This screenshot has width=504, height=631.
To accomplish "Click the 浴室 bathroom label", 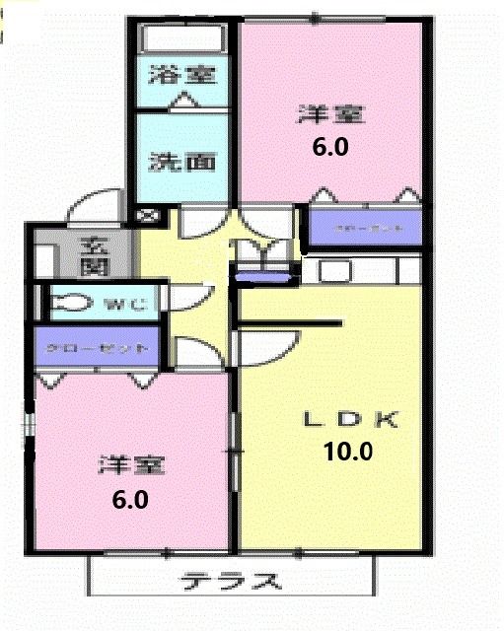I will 181,74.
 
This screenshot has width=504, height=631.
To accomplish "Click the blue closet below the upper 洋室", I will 366,227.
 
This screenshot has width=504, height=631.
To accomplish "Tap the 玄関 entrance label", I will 94,253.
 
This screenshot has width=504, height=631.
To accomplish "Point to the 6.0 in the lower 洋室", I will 129,499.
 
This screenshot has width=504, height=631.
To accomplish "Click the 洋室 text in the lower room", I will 130,463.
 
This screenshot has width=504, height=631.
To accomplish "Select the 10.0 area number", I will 347,453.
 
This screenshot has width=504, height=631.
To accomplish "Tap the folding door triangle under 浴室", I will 184,100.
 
